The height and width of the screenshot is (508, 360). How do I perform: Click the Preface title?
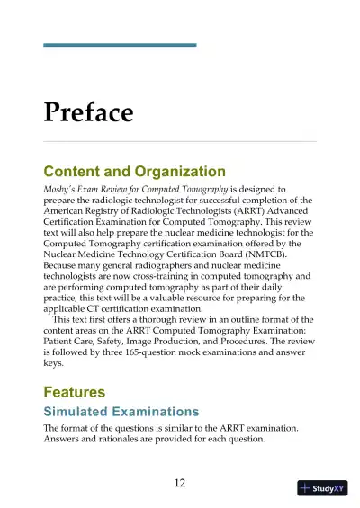(88, 112)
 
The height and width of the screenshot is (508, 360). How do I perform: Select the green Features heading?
(74, 392)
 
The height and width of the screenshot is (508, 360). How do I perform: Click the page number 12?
(179, 483)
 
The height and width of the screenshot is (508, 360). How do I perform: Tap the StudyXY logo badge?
(322, 488)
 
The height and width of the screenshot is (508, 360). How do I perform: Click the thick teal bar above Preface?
(120, 44)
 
